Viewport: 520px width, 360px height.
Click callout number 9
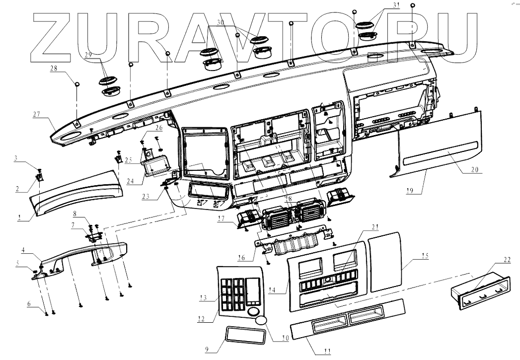(208, 349)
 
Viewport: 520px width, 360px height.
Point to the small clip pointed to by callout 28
(77, 84)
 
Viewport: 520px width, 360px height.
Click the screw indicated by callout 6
(47, 313)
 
